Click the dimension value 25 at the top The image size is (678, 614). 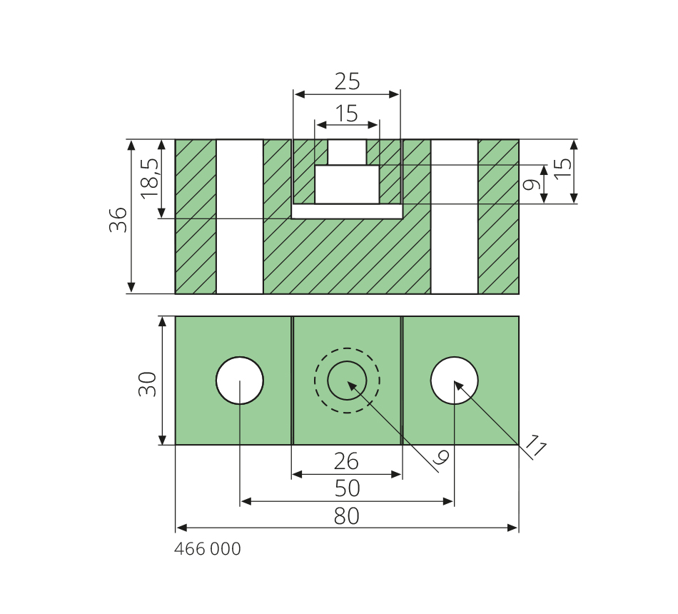pyautogui.click(x=347, y=82)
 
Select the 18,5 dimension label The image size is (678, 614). pyautogui.click(x=150, y=177)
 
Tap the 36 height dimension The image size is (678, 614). pyautogui.click(x=118, y=219)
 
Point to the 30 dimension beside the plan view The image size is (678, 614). pyautogui.click(x=148, y=383)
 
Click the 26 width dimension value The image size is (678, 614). pyautogui.click(x=346, y=462)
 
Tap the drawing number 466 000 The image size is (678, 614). pyautogui.click(x=208, y=549)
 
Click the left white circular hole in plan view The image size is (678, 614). pyautogui.click(x=240, y=381)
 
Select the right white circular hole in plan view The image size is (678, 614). pyautogui.click(x=455, y=381)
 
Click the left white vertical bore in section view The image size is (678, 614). pyautogui.click(x=240, y=216)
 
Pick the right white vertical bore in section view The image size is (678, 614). pyautogui.click(x=455, y=216)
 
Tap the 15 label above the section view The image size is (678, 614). pyautogui.click(x=347, y=114)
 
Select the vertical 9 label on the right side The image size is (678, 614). pyautogui.click(x=530, y=185)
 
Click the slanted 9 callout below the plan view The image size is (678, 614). pyautogui.click(x=440, y=460)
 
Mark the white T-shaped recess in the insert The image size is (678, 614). pyautogui.click(x=347, y=183)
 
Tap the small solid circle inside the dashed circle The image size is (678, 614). pyautogui.click(x=347, y=381)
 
